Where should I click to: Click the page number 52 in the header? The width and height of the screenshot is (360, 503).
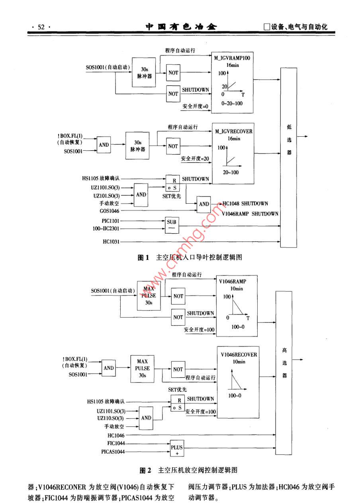click(x=41, y=27)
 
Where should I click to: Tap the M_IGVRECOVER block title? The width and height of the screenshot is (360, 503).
click(x=234, y=131)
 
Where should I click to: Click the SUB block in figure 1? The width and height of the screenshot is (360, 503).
click(x=172, y=222)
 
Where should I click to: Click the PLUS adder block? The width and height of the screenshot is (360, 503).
click(x=177, y=447)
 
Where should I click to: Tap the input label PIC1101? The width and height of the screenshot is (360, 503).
click(x=110, y=220)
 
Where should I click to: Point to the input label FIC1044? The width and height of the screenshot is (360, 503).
click(x=115, y=443)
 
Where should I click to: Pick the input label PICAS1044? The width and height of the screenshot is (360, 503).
click(x=113, y=452)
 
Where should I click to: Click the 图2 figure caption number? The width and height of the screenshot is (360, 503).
click(x=145, y=470)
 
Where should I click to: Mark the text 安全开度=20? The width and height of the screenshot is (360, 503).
click(x=195, y=158)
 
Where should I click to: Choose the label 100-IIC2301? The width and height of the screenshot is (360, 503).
click(x=105, y=228)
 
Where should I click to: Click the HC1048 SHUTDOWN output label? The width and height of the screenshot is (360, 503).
click(x=245, y=204)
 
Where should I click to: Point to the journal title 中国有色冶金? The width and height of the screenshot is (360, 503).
click(x=181, y=27)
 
